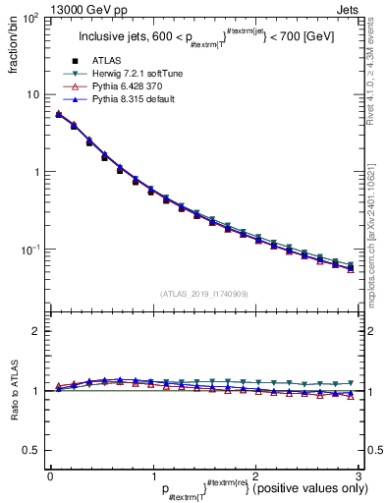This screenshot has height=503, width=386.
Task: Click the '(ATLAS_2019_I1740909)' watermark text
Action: [203, 294]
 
